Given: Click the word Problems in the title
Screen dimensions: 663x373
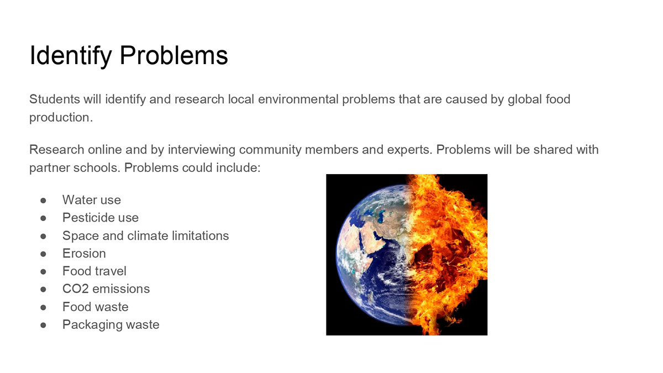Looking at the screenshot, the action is (173, 55).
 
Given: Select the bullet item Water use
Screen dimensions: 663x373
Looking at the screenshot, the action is (92, 200).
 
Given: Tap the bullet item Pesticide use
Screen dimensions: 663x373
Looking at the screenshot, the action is (101, 218).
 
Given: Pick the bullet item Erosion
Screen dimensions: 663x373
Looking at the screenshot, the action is (84, 254).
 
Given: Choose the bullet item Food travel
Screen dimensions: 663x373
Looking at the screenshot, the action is (94, 271).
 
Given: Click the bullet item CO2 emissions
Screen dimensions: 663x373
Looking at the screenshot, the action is (106, 289).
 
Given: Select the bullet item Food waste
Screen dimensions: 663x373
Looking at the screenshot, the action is (95, 307).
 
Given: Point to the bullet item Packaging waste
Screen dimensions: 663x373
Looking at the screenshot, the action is (110, 325).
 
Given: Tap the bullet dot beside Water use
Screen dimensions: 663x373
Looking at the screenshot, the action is (43, 201).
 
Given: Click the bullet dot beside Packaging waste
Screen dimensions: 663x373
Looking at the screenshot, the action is (43, 325).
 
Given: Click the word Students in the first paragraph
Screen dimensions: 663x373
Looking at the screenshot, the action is (55, 99).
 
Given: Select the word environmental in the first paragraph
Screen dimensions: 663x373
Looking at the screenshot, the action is (298, 99).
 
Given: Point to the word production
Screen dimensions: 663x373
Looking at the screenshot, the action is (61, 118).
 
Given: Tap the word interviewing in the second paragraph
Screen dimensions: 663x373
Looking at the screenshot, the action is (202, 150).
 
